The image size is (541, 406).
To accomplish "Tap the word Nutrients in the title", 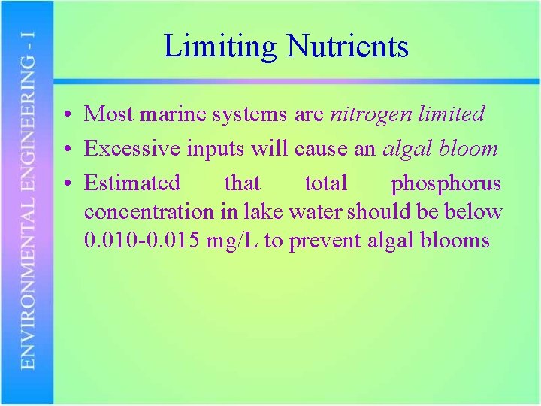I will [x=346, y=47].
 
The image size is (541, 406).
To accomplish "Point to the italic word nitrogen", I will [x=371, y=114].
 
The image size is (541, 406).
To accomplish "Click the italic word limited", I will [x=452, y=114].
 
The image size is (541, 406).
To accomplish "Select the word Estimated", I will [x=132, y=183].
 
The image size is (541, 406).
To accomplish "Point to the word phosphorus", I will [x=446, y=183].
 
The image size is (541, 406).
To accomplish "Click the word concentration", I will [x=150, y=212].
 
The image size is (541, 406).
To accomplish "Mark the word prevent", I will [x=326, y=241].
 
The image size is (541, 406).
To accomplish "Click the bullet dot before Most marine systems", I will [x=68, y=115].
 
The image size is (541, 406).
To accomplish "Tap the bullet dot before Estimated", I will [x=68, y=183].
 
